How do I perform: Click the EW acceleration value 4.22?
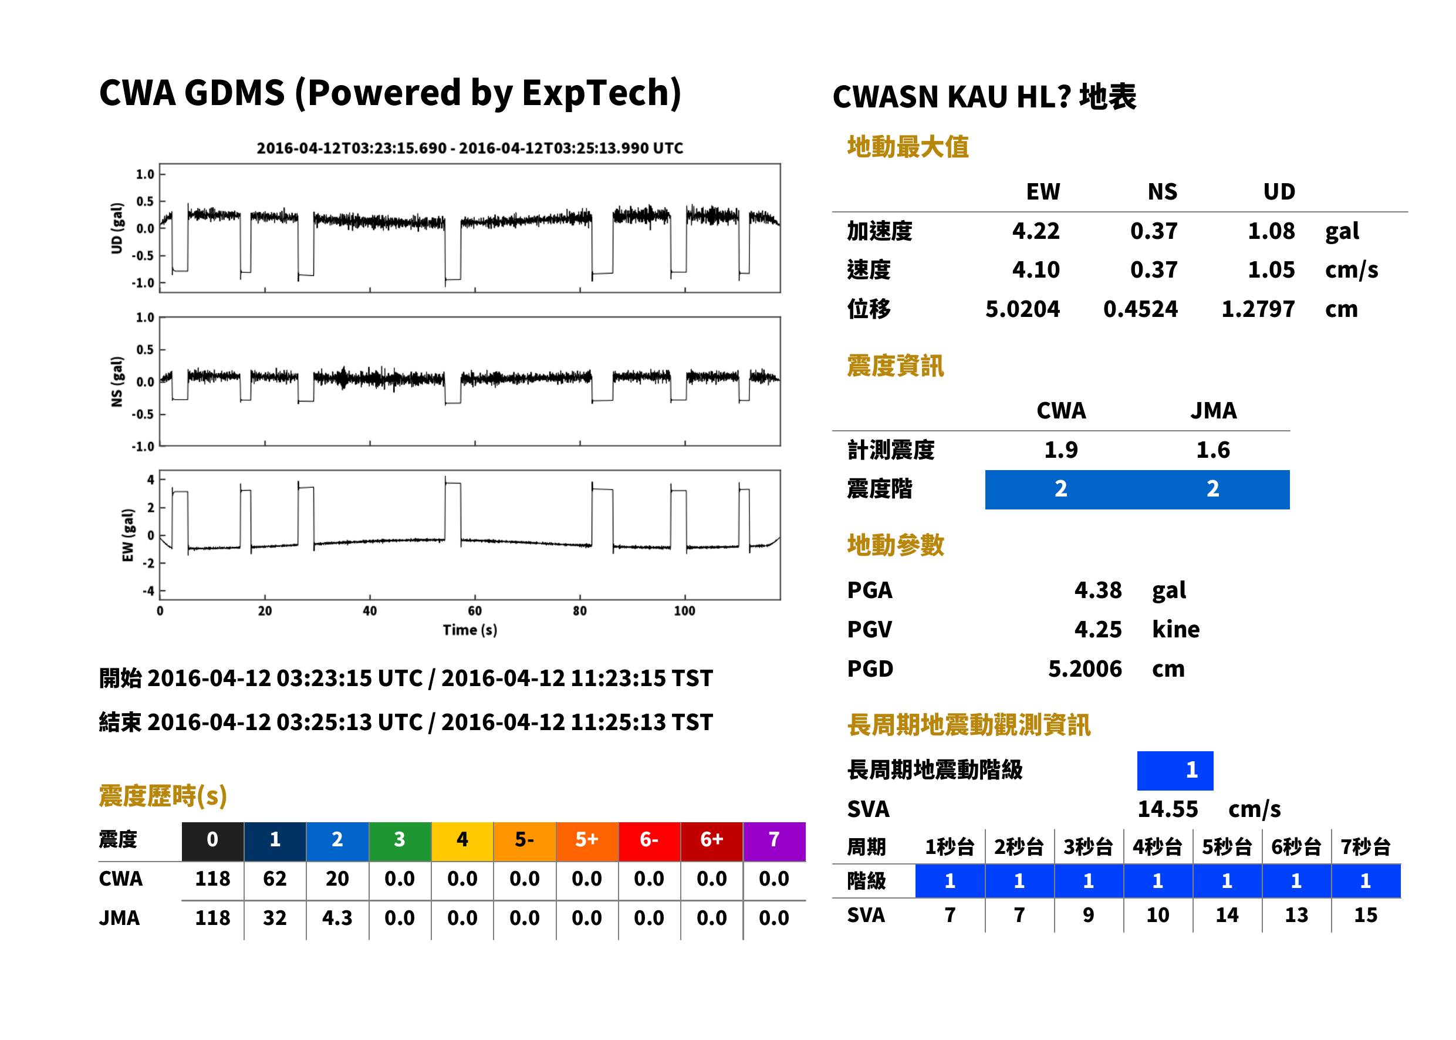(1035, 231)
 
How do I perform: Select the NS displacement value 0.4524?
(1140, 309)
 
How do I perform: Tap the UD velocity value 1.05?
(1271, 269)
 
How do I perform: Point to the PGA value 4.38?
(1097, 590)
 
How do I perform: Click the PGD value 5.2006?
(1085, 668)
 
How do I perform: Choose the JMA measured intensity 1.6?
(1212, 450)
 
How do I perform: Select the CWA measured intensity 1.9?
(1061, 450)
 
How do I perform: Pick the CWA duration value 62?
(275, 879)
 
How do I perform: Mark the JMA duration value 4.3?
(337, 918)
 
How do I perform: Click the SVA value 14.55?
(1167, 809)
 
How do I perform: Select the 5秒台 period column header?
(1227, 846)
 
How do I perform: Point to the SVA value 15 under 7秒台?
(1366, 915)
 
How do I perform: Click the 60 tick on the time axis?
(474, 611)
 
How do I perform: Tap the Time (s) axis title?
(470, 630)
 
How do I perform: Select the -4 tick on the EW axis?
(148, 590)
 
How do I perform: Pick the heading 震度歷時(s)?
(163, 796)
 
